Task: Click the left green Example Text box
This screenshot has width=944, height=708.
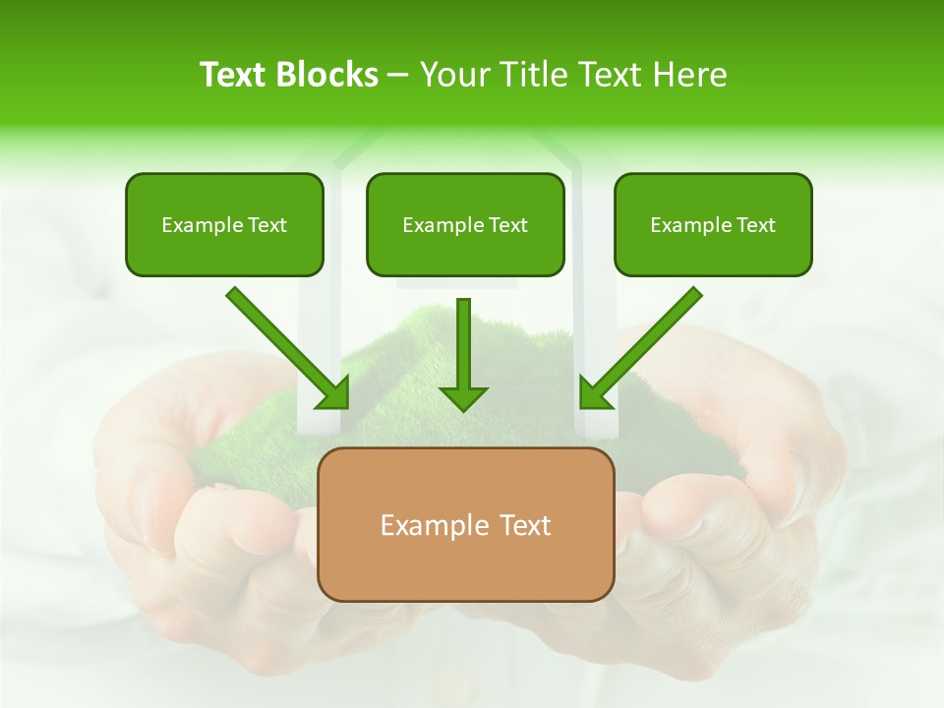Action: click(x=224, y=224)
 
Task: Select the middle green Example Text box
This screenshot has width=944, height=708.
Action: click(x=465, y=224)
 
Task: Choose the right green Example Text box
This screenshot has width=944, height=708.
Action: click(x=713, y=224)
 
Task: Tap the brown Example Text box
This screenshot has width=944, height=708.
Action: click(x=466, y=524)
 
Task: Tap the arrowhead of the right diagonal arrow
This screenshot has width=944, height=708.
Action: click(x=595, y=393)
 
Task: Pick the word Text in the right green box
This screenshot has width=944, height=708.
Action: click(x=755, y=225)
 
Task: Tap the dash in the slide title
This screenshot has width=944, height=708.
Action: click(x=399, y=75)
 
